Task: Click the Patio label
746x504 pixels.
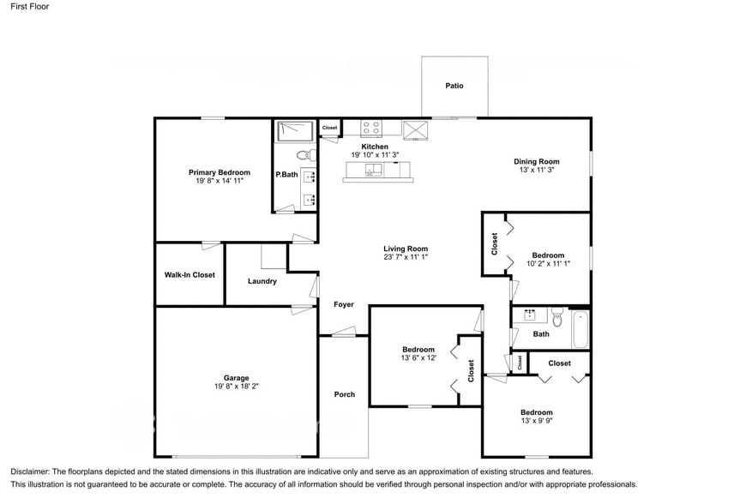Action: coord(454,86)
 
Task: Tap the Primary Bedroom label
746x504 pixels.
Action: coord(220,172)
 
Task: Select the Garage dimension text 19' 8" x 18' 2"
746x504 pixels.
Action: coord(237,387)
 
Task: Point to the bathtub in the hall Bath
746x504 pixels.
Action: coord(581,329)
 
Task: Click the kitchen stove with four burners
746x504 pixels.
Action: coord(371,128)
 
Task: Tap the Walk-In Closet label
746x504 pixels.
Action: coord(190,275)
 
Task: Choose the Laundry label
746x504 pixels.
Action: coord(262,281)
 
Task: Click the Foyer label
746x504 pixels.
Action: coord(344,304)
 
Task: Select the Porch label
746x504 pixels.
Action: coord(344,394)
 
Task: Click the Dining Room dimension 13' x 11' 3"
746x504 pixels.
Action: coord(537,171)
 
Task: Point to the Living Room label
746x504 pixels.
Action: coord(406,249)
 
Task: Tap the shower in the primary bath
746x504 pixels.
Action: coord(294,130)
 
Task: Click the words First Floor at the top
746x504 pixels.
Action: coord(30,7)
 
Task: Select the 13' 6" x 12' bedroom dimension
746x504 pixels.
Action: coord(418,358)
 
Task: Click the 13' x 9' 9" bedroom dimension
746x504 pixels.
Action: coord(537,421)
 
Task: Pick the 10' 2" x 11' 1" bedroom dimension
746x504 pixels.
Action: coord(548,264)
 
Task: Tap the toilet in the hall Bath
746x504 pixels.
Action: coord(557,319)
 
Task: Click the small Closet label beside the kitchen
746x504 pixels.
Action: coord(330,128)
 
